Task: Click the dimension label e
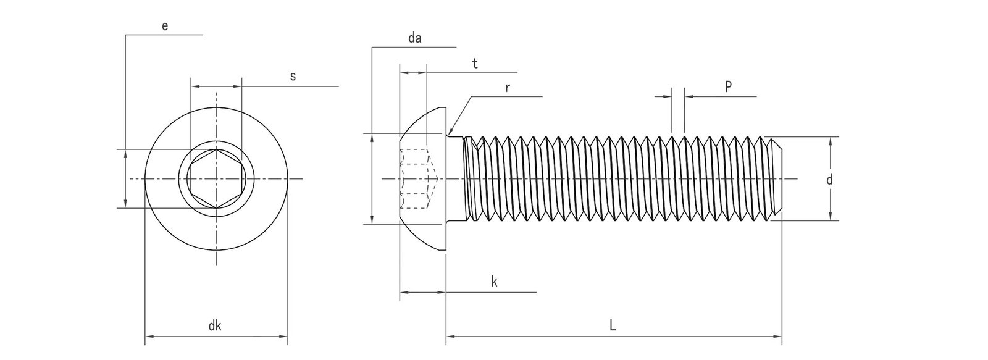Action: (x=164, y=26)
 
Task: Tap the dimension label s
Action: (x=293, y=77)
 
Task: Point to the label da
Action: (x=414, y=38)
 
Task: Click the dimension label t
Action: (x=474, y=63)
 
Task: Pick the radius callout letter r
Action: (x=507, y=88)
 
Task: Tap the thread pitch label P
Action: (x=728, y=87)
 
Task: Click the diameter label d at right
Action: (x=829, y=180)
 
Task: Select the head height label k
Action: (x=494, y=282)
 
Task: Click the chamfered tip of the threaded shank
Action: (x=777, y=179)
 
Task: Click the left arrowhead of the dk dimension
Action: (x=149, y=337)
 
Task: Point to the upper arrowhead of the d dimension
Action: (x=830, y=140)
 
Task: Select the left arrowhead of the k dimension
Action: (x=403, y=292)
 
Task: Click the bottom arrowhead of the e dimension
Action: (x=125, y=204)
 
